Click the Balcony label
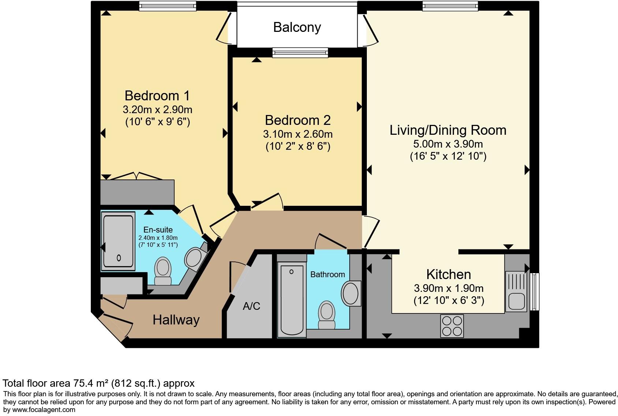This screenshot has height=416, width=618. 297,27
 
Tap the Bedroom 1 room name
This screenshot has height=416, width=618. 157,96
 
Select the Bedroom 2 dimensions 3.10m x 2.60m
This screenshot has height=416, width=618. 298,134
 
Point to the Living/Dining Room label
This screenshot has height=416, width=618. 448,130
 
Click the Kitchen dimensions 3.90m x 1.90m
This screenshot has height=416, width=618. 448,288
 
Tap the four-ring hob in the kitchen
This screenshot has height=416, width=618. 452,326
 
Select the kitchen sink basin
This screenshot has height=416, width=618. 516,301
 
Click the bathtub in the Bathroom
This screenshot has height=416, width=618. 292,300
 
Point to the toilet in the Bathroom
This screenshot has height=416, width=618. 327,315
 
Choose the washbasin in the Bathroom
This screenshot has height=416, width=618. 351,293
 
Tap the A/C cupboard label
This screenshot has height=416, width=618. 252,306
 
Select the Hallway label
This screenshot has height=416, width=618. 176,320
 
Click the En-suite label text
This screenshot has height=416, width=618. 158,230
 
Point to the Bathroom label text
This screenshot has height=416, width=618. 327,274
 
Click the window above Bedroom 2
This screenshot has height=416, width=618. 300,52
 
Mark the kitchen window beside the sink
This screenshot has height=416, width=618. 535,291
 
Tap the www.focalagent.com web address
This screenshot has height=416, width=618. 44,410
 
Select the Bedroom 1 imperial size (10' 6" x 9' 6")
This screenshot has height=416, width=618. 157,122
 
